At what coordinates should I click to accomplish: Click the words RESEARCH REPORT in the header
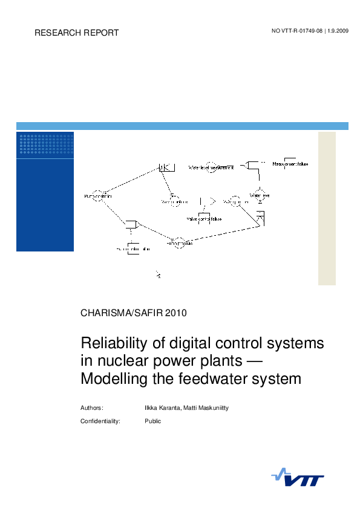coord(77,33)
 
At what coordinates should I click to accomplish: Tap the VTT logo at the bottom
coord(297,478)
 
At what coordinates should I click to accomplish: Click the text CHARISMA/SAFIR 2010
coord(134,313)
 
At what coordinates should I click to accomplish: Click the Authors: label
coord(92,408)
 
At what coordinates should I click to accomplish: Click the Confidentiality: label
coord(100,421)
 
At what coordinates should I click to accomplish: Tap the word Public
coord(152,421)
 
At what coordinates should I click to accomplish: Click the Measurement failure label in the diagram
coord(290,164)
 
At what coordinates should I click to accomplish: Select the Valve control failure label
coord(204,219)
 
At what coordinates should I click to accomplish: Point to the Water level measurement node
coord(211,166)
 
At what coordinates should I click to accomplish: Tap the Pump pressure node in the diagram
coord(178,243)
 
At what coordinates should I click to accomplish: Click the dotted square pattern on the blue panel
coord(46,144)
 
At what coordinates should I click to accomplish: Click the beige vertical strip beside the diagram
coord(327,208)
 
